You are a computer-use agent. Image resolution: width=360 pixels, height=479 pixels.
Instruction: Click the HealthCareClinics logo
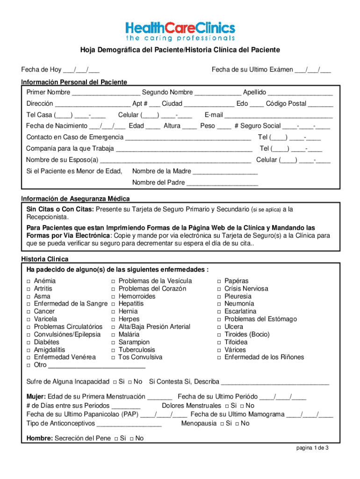(x=180, y=29)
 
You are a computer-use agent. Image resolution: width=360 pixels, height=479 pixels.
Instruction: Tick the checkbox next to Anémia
(x=29, y=281)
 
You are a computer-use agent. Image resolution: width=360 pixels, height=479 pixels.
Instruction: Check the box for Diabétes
(x=29, y=342)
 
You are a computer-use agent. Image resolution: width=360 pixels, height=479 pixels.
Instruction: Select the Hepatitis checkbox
(x=113, y=304)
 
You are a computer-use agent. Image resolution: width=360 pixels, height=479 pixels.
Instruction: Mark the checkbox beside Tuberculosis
(x=113, y=350)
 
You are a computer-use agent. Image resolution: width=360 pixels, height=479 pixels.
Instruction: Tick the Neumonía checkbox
(x=219, y=304)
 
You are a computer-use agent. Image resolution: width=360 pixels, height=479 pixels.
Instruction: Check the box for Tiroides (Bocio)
(x=219, y=334)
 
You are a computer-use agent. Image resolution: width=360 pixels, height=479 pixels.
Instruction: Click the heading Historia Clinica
(x=45, y=259)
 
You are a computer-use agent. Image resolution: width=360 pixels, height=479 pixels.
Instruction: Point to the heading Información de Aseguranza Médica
(x=75, y=199)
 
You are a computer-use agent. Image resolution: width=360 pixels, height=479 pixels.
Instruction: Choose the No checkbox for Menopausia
(x=237, y=424)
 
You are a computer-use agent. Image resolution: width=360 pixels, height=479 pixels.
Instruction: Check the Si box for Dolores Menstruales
(x=227, y=406)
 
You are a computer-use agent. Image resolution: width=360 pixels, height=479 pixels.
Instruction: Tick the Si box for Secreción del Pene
(x=115, y=439)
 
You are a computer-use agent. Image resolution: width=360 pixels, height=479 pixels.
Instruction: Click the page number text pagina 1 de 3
(x=312, y=448)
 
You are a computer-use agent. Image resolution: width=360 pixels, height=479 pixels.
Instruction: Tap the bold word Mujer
(x=36, y=396)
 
